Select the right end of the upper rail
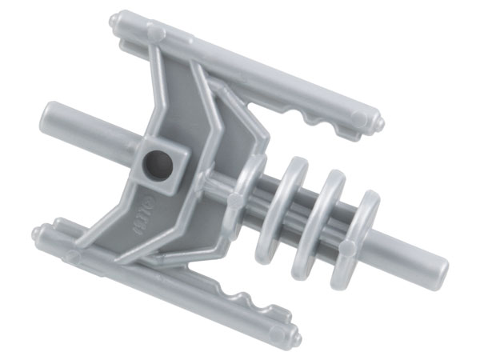click(x=376, y=122)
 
